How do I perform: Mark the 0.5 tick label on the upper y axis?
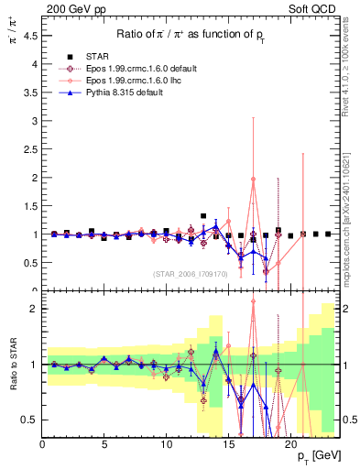pos(31,263)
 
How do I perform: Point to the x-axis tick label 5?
pos(104,445)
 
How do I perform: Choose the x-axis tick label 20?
pos(290,445)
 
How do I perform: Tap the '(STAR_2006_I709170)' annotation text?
pos(190,274)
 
